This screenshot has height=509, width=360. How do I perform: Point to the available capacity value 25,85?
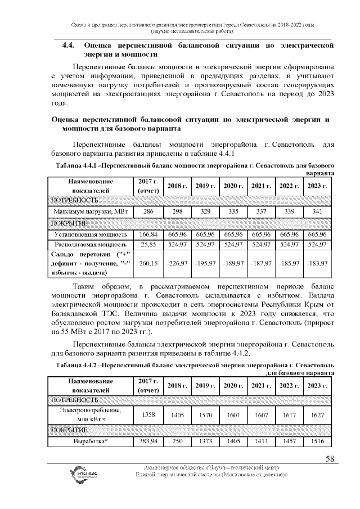pyautogui.click(x=148, y=245)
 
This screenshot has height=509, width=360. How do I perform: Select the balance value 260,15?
pyautogui.click(x=148, y=263)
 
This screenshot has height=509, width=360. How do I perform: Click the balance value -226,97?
pyautogui.click(x=177, y=263)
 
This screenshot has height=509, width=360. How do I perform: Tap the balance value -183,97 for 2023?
pyautogui.click(x=317, y=263)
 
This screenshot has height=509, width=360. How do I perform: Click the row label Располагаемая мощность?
pyautogui.click(x=91, y=245)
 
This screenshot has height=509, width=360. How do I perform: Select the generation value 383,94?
pyautogui.click(x=148, y=442)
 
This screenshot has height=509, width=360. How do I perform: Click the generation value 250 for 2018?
pyautogui.click(x=177, y=442)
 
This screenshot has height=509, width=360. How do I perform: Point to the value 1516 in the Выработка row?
pyautogui.click(x=317, y=442)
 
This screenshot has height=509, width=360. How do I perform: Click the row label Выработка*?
pyautogui.click(x=91, y=442)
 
